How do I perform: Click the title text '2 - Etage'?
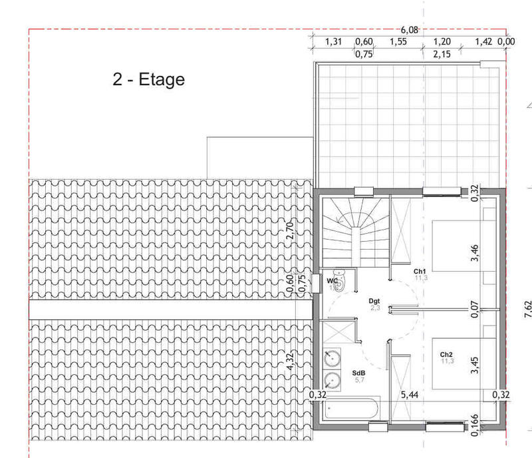click(x=148, y=81)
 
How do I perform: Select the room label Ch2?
click(x=446, y=354)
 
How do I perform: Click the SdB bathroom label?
click(x=358, y=373)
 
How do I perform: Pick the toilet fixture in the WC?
click(x=340, y=282)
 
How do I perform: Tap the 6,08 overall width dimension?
click(x=410, y=29)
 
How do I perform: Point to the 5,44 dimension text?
click(x=409, y=395)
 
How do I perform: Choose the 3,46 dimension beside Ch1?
click(x=474, y=254)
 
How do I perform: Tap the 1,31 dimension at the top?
click(x=333, y=42)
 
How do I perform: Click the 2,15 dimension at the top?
click(x=442, y=54)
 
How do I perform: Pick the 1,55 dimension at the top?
click(x=399, y=42)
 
